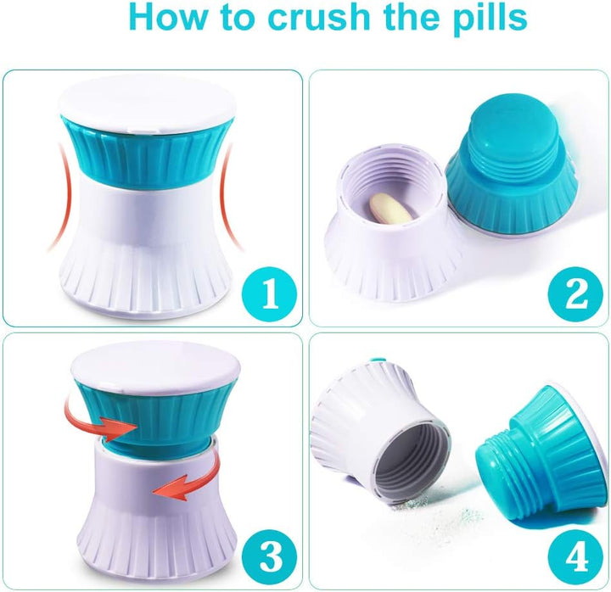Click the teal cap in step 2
point(509,182)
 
